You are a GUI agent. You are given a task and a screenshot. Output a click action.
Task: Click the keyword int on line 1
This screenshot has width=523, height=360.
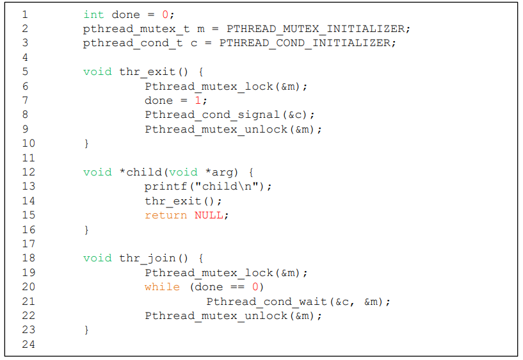click(x=93, y=14)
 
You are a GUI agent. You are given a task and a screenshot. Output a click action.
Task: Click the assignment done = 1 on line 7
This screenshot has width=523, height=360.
click(x=176, y=101)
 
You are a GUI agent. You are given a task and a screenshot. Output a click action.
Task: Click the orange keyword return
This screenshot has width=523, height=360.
click(x=166, y=215)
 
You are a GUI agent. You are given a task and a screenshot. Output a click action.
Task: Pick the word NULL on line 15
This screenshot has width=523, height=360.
click(x=209, y=215)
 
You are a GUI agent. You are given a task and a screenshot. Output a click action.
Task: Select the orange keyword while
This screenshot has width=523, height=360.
click(x=162, y=287)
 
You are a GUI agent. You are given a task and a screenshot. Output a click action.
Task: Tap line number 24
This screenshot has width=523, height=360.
click(x=28, y=345)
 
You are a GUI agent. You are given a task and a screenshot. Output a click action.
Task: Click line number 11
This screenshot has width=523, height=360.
click(x=28, y=158)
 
